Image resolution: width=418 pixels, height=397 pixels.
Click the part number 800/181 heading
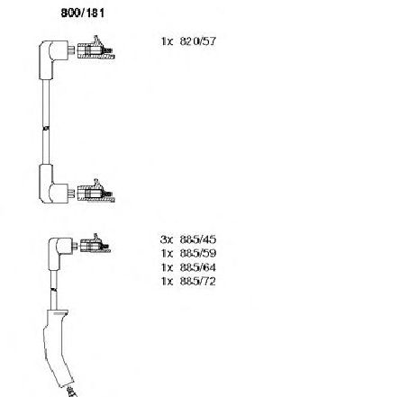(83, 13)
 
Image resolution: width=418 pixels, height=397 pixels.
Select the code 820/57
(198, 41)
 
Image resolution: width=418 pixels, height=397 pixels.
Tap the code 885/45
(198, 239)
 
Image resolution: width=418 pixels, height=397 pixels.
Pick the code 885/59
(198, 253)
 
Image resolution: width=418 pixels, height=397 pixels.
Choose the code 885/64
(198, 267)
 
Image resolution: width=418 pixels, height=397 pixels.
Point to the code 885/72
(198, 281)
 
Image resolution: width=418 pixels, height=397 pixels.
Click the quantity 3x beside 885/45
(167, 239)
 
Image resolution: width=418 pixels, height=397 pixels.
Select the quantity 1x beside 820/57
(168, 41)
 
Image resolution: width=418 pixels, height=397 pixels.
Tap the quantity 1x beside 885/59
(168, 253)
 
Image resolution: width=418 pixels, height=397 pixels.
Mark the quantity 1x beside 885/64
(168, 267)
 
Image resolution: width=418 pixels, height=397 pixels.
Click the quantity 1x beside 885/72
(168, 281)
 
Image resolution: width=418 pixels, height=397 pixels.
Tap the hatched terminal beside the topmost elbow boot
(95, 49)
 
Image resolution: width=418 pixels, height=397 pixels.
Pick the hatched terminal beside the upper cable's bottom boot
(95, 192)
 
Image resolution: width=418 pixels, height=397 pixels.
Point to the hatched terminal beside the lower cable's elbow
(95, 244)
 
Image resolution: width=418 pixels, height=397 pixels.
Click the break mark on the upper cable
(46, 128)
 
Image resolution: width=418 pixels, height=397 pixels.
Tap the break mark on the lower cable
(54, 290)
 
